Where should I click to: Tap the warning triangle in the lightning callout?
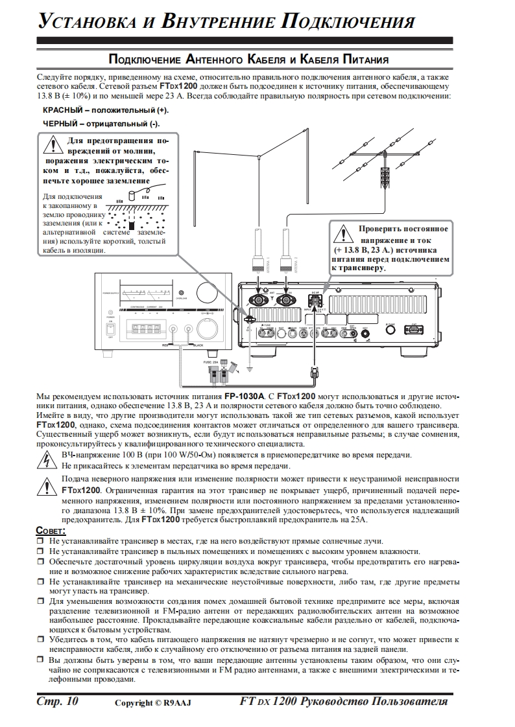tap(53, 144)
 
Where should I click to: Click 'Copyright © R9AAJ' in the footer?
tap(153, 703)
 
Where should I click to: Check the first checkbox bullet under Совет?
tap(40, 541)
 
